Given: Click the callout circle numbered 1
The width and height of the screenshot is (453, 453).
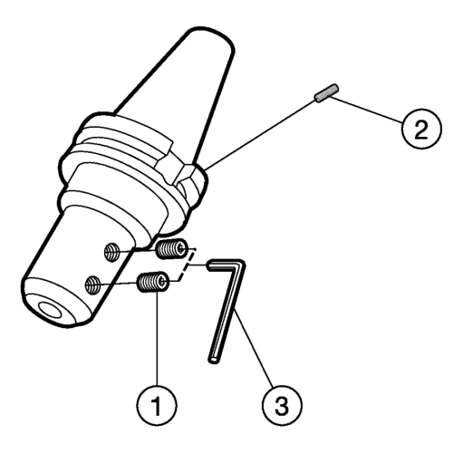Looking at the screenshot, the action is click(x=157, y=405).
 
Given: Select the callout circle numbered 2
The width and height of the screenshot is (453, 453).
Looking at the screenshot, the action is click(x=421, y=129).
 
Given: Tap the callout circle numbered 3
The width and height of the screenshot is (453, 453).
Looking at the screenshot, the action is click(x=282, y=405).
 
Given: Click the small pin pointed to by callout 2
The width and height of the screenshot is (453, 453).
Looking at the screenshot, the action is click(x=327, y=93).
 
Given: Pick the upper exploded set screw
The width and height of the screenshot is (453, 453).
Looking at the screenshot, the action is click(x=172, y=248).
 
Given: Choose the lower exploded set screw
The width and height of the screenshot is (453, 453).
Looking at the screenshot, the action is click(x=153, y=282).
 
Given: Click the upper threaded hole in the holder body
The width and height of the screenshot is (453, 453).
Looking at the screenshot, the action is click(x=111, y=252).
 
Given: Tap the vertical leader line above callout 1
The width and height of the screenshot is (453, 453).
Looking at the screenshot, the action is click(x=157, y=338).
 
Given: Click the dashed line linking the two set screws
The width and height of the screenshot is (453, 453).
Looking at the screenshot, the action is click(x=188, y=265).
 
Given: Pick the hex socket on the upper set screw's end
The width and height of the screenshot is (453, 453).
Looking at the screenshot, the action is click(x=181, y=249).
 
